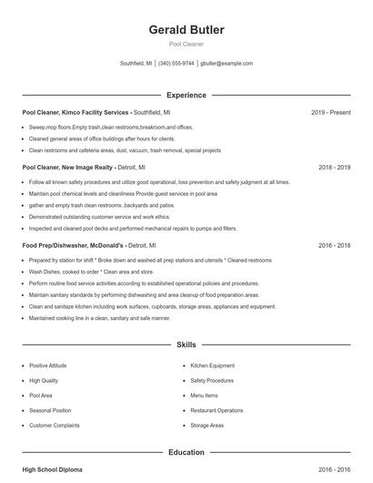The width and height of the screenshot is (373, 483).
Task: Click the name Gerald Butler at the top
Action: coord(186,30)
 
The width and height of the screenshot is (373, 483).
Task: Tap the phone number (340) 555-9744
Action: coord(176,64)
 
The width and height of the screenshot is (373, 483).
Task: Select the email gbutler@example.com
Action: coord(227,64)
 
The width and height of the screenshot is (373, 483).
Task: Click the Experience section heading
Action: coord(186,95)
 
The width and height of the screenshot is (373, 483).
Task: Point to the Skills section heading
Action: coord(186,345)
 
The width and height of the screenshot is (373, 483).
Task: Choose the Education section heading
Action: coord(186,452)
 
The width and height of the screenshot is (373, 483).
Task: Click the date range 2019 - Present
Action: coord(330,112)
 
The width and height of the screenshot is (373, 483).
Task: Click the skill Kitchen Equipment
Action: coord(212,365)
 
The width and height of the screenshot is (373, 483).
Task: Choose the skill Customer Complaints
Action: coord(54,426)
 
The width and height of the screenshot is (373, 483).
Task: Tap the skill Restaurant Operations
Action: coord(217,410)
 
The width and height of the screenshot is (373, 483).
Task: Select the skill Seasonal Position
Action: coord(50,410)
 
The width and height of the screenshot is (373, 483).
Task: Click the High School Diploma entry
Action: coord(52,469)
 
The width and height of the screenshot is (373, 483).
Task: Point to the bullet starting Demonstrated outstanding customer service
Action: coord(99,217)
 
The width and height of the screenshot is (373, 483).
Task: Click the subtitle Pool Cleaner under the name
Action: coord(186,44)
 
